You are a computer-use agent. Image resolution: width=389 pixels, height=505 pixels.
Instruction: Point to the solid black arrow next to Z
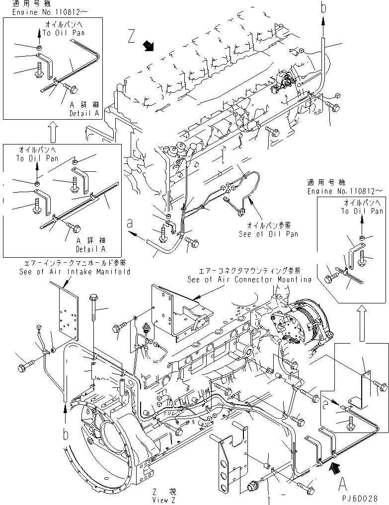148,47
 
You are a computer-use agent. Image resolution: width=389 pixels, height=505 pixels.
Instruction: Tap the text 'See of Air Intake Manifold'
75,272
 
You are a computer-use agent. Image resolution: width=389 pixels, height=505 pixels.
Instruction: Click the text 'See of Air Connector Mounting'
249,280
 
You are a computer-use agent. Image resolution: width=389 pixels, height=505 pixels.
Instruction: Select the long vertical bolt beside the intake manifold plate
94,323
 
